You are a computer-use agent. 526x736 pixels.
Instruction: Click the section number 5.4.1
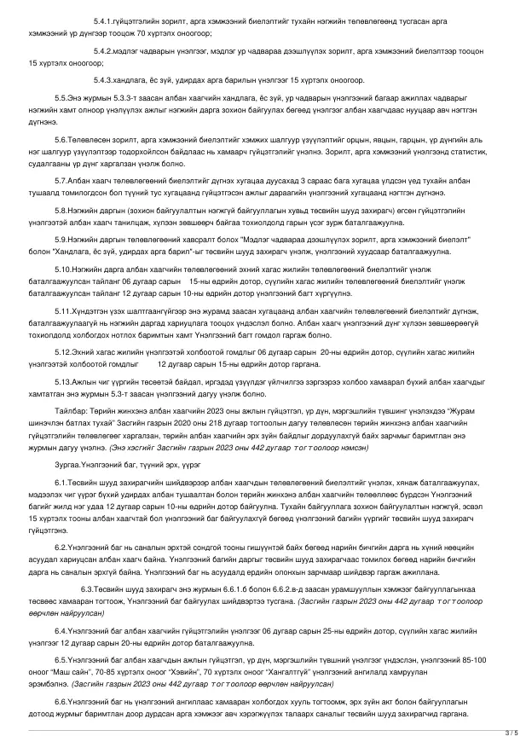click(103, 18)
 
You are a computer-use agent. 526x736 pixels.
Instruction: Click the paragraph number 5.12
click(63, 352)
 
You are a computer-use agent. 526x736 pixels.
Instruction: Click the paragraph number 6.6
click(61, 700)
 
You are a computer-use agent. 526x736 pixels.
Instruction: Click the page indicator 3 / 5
click(510, 731)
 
